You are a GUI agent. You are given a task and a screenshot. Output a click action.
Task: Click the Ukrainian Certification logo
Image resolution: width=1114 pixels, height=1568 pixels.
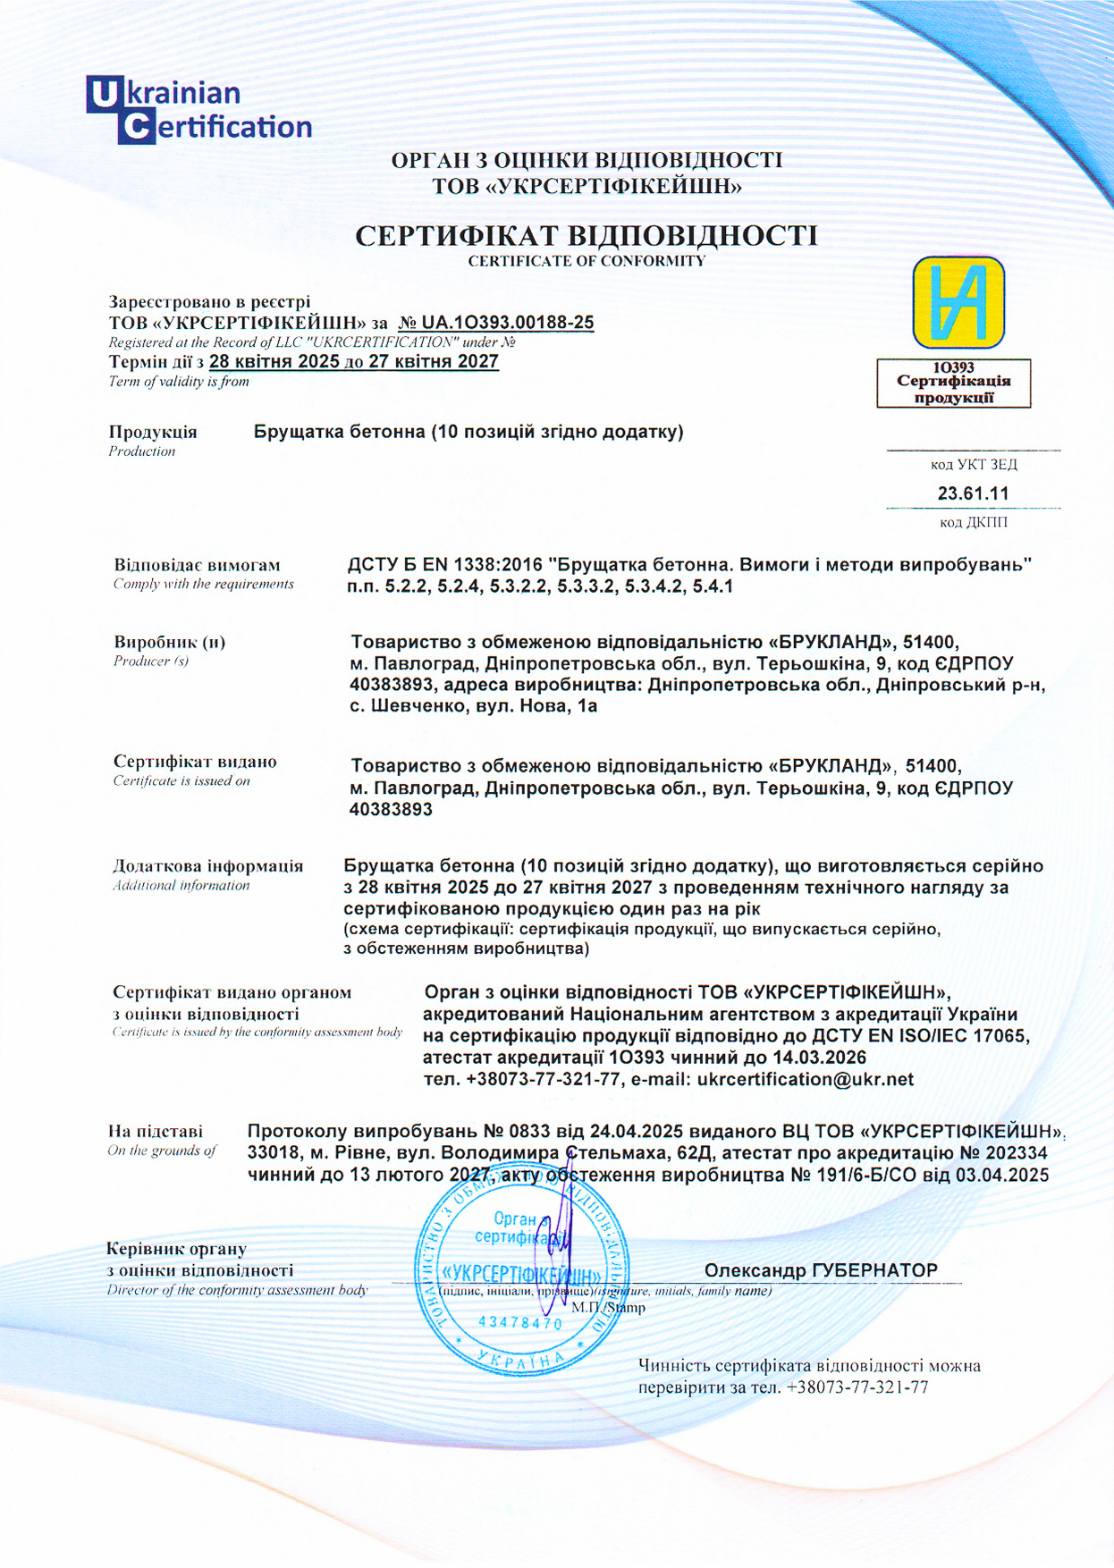[198, 110]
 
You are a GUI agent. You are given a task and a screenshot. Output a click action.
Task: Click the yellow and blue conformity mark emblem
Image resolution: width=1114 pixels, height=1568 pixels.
[958, 302]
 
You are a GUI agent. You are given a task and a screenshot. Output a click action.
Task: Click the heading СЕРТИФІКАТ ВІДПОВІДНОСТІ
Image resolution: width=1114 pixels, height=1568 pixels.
[587, 236]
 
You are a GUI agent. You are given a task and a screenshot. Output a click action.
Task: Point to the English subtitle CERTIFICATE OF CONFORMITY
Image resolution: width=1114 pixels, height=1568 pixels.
[587, 261]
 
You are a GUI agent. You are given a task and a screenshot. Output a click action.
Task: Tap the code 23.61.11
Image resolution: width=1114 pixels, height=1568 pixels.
[973, 493]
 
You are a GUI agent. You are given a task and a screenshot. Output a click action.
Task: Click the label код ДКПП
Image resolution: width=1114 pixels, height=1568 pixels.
[973, 522]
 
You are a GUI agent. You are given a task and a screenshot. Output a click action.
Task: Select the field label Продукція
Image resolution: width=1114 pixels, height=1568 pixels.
[153, 432]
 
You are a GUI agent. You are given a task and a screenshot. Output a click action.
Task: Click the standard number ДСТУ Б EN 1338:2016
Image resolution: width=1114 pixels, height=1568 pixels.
[444, 565]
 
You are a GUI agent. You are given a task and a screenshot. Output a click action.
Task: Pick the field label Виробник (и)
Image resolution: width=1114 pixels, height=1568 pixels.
[169, 642]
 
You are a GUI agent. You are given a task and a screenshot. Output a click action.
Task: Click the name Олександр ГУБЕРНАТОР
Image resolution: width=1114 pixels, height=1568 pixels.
[820, 1270]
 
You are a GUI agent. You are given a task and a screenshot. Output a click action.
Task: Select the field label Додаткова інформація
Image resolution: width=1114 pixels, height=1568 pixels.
[207, 865]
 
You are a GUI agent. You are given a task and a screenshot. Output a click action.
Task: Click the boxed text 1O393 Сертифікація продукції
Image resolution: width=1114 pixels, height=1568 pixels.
[953, 383]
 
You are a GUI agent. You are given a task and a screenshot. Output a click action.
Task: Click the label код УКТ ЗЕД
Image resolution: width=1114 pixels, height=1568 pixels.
[973, 465]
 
